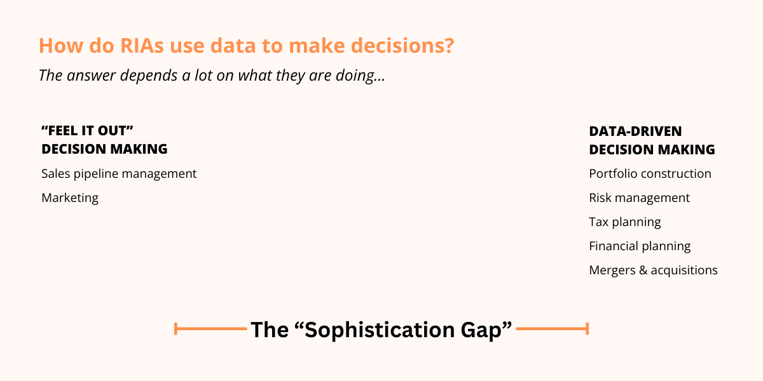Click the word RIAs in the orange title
pos(142,46)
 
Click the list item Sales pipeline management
pos(119,174)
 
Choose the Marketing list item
pos(70,198)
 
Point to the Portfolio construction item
pos(650,174)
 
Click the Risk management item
pos(640,198)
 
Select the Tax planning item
pos(625,222)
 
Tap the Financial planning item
pos(640,246)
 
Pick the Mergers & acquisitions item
pos(654,271)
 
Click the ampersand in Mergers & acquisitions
pos(643,271)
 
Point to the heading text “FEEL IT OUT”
pos(87,131)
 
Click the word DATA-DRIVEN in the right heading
pos(635,131)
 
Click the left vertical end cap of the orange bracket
pos(175,329)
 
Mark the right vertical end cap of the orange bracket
pos(588,329)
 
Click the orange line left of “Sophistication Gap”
pos(210,329)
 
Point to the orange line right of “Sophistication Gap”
pos(553,329)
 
